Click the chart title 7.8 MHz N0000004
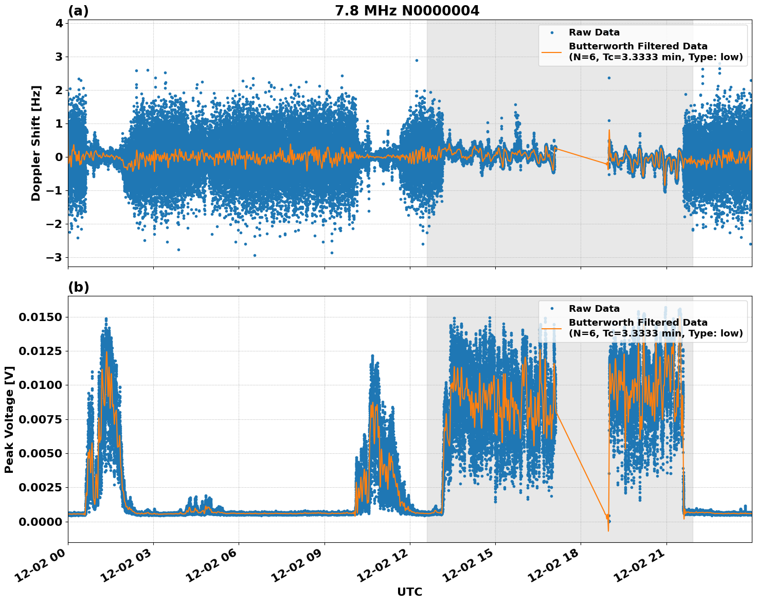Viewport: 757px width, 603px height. (x=407, y=11)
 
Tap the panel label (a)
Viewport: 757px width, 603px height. (x=78, y=11)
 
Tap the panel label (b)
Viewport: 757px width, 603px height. (x=78, y=287)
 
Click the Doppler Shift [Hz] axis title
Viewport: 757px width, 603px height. (x=36, y=143)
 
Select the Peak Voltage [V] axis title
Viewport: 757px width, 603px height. (x=9, y=419)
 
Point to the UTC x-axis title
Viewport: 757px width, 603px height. (x=409, y=592)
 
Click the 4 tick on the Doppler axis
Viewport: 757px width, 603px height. (x=59, y=23)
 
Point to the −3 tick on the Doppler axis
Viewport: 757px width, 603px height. (x=55, y=257)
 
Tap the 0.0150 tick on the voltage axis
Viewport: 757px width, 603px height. (x=40, y=317)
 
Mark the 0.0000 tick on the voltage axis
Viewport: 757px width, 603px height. (x=40, y=522)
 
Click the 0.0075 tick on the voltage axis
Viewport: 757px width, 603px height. (x=40, y=419)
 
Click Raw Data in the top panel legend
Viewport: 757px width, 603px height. (x=594, y=32)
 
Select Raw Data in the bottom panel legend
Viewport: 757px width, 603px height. (x=594, y=309)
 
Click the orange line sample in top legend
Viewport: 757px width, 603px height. (x=552, y=51)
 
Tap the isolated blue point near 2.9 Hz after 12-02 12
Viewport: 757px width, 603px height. (x=417, y=60)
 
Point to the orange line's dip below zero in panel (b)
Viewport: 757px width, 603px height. (x=608, y=530)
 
